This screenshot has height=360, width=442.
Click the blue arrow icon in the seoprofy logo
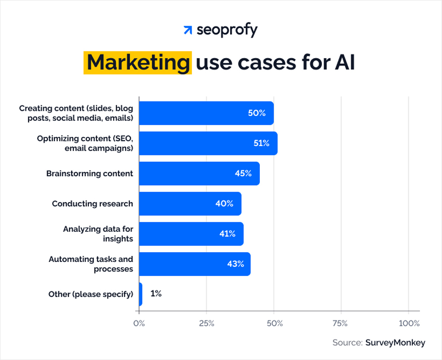click(188, 30)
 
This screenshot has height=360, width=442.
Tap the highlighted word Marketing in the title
click(138, 63)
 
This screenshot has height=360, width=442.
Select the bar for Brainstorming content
click(199, 174)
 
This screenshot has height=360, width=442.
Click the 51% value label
click(261, 143)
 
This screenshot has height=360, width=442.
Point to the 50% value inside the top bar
click(256, 113)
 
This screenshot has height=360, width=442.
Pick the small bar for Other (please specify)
click(141, 294)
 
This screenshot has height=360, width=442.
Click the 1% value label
click(156, 294)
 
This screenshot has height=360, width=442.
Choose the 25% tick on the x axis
click(206, 323)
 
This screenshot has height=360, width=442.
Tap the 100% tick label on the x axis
click(409, 323)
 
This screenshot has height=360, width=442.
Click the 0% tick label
click(139, 323)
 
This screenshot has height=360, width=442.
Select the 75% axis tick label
click(341, 323)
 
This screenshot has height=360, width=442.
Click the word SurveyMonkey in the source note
click(395, 343)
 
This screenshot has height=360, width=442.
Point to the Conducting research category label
click(92, 204)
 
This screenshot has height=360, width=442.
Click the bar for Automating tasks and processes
click(194, 264)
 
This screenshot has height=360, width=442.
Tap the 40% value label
click(224, 204)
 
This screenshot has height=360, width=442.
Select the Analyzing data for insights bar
click(191, 234)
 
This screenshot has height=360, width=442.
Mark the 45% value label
click(243, 174)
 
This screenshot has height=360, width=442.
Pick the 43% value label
click(236, 264)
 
